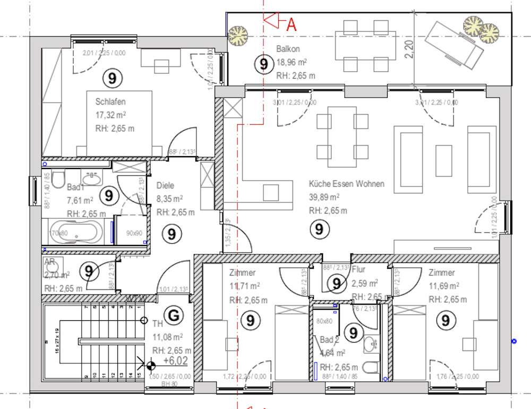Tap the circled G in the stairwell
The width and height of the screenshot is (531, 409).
point(173,315)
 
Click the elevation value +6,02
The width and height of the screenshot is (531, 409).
point(175,361)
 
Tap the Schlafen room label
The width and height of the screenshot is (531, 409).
point(110,101)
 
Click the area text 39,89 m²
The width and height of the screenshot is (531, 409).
point(324,197)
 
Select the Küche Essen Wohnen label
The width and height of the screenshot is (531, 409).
point(347,184)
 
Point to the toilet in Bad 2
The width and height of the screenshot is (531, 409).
point(373,367)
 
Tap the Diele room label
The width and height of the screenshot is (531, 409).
point(166,186)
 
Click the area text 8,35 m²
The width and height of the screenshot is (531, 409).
point(169,199)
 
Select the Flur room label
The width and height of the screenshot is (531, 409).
point(358,270)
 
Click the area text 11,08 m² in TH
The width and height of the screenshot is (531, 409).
point(168,337)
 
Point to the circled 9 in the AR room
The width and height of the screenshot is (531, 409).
point(89,271)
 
